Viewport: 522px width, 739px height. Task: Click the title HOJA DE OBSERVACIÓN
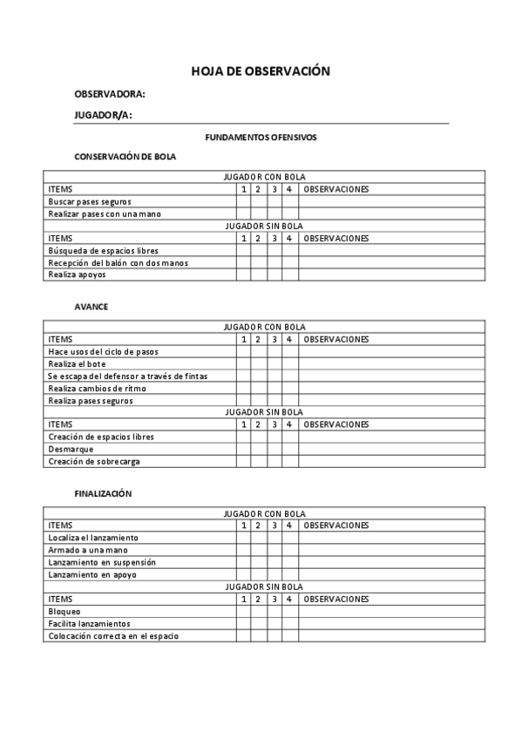tap(261, 71)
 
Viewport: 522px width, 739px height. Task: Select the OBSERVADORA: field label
tap(110, 94)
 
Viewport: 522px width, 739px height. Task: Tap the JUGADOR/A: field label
tap(103, 116)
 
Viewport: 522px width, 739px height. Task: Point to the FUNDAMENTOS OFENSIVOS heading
tap(261, 138)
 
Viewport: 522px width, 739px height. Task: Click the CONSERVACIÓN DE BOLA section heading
tap(125, 157)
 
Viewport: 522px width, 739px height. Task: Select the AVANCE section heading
tap(92, 307)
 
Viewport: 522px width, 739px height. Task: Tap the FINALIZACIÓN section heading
tap(103, 493)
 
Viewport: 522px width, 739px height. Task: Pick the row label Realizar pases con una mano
tap(105, 214)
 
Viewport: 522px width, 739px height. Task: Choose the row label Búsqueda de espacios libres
tap(103, 251)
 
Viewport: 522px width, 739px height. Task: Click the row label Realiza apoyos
tap(78, 275)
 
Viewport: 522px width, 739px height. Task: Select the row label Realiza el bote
tap(78, 364)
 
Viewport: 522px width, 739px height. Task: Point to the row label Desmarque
tap(71, 450)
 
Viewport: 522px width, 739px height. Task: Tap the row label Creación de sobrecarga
tap(94, 462)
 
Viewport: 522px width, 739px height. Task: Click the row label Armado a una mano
tap(88, 551)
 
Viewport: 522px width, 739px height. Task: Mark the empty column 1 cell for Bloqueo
tap(244, 612)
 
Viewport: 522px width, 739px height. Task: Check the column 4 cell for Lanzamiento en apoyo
tap(289, 575)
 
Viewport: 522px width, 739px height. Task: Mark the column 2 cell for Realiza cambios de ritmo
tap(259, 389)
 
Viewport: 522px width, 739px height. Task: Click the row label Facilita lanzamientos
tap(89, 624)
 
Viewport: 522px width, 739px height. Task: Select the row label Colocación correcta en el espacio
tap(113, 636)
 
